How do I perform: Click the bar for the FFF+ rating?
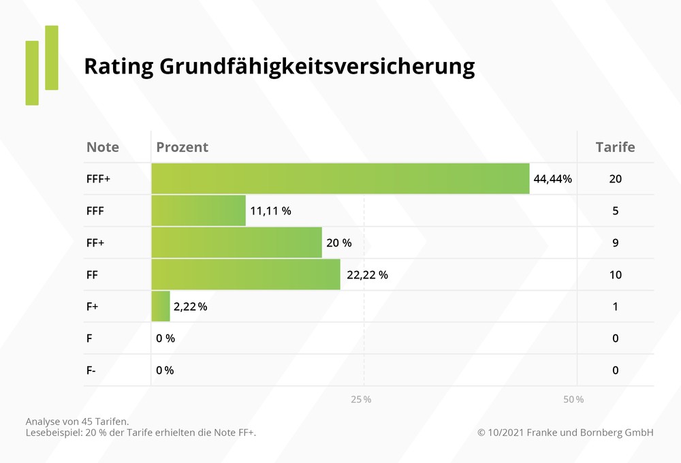click(340, 178)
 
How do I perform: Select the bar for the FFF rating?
click(198, 210)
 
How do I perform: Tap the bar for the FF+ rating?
click(236, 242)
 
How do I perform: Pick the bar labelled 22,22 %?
click(245, 274)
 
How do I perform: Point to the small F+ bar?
click(161, 306)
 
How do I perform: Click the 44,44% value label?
click(552, 179)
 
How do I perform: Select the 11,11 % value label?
click(270, 211)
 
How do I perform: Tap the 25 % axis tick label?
click(361, 399)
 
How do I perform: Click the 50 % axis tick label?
click(573, 399)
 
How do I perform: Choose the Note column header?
click(103, 147)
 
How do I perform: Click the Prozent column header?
click(182, 147)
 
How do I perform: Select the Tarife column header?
click(615, 147)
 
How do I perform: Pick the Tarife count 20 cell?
click(615, 179)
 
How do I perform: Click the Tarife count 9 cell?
click(615, 243)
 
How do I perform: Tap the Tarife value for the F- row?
click(615, 370)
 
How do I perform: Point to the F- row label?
click(91, 370)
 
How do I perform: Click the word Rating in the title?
click(117, 67)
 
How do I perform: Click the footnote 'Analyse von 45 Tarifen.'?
click(77, 421)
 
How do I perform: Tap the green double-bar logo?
click(42, 65)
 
